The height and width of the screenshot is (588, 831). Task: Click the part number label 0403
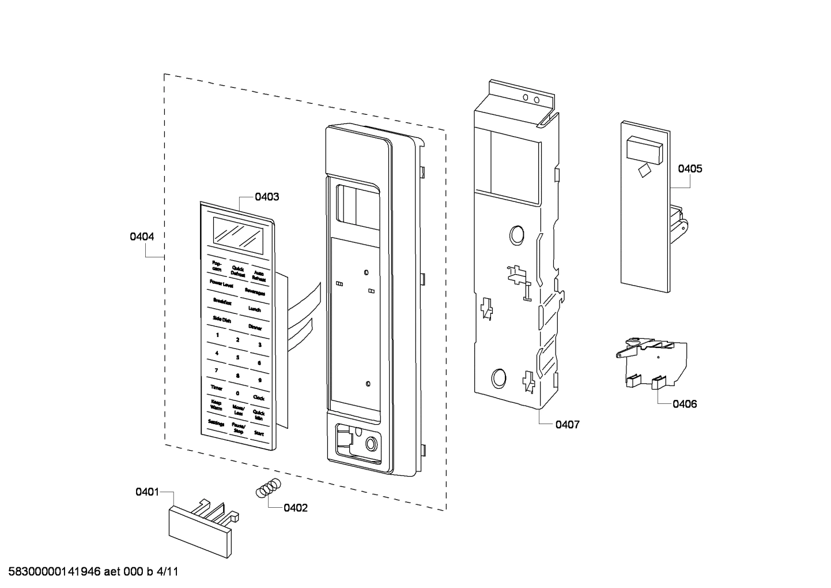point(267,197)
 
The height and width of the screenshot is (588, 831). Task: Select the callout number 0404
point(142,237)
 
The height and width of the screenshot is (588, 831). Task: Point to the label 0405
point(690,168)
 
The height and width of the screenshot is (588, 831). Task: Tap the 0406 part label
point(685,404)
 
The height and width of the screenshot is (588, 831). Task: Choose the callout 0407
point(567,425)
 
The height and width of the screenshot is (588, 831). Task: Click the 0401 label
point(147,492)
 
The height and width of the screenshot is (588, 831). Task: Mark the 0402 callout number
point(296,508)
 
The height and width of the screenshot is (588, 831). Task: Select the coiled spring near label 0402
point(269,488)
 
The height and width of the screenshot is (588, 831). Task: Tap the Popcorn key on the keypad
point(217,265)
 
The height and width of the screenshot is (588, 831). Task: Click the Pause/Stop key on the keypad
point(237,428)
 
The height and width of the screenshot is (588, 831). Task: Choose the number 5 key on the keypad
point(237,357)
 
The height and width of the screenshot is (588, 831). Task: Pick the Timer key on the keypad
point(216,388)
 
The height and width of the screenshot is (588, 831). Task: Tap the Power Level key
point(221,284)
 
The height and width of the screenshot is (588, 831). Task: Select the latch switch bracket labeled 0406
point(651,361)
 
